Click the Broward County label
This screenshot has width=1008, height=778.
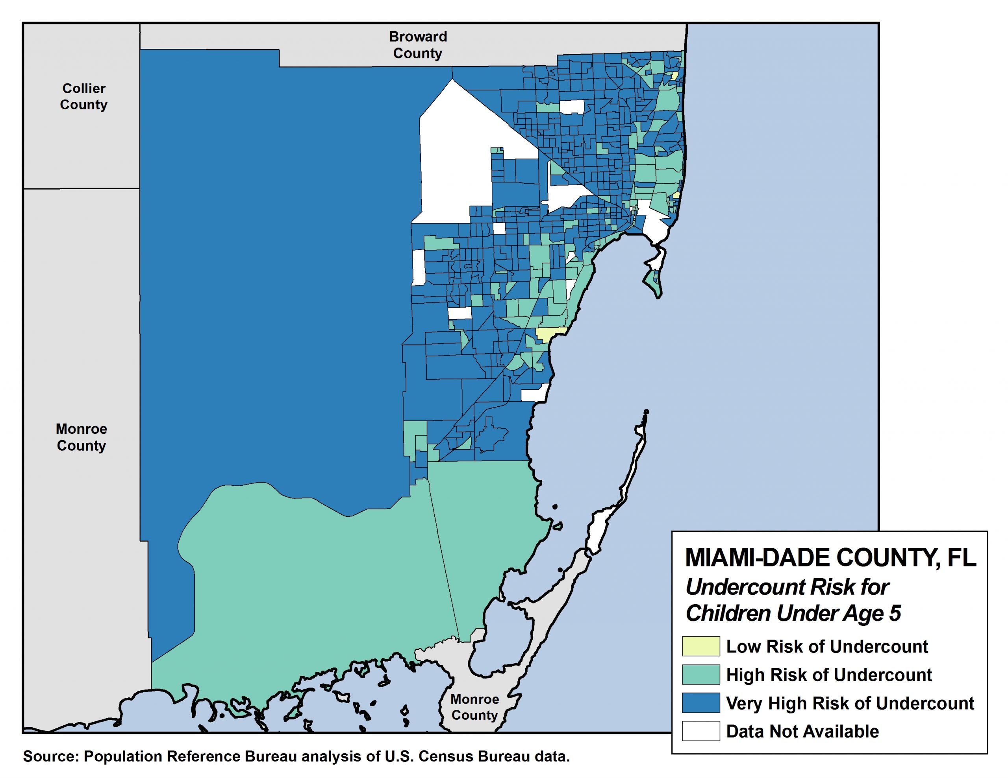(x=417, y=45)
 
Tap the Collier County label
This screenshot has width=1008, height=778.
(x=83, y=96)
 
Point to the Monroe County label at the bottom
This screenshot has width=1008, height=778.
(x=474, y=707)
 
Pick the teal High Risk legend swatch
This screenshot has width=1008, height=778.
(x=700, y=674)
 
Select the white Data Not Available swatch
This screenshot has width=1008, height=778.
(x=700, y=731)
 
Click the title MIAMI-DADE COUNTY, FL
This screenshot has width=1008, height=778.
(x=830, y=558)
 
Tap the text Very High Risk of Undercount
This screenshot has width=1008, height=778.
(x=850, y=703)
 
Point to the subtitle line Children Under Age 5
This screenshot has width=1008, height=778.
(x=793, y=613)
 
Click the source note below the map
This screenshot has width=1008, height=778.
(x=296, y=757)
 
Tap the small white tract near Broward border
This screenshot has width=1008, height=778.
(x=571, y=107)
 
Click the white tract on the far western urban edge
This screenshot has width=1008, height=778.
(x=418, y=267)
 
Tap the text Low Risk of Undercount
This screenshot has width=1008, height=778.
(x=826, y=647)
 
